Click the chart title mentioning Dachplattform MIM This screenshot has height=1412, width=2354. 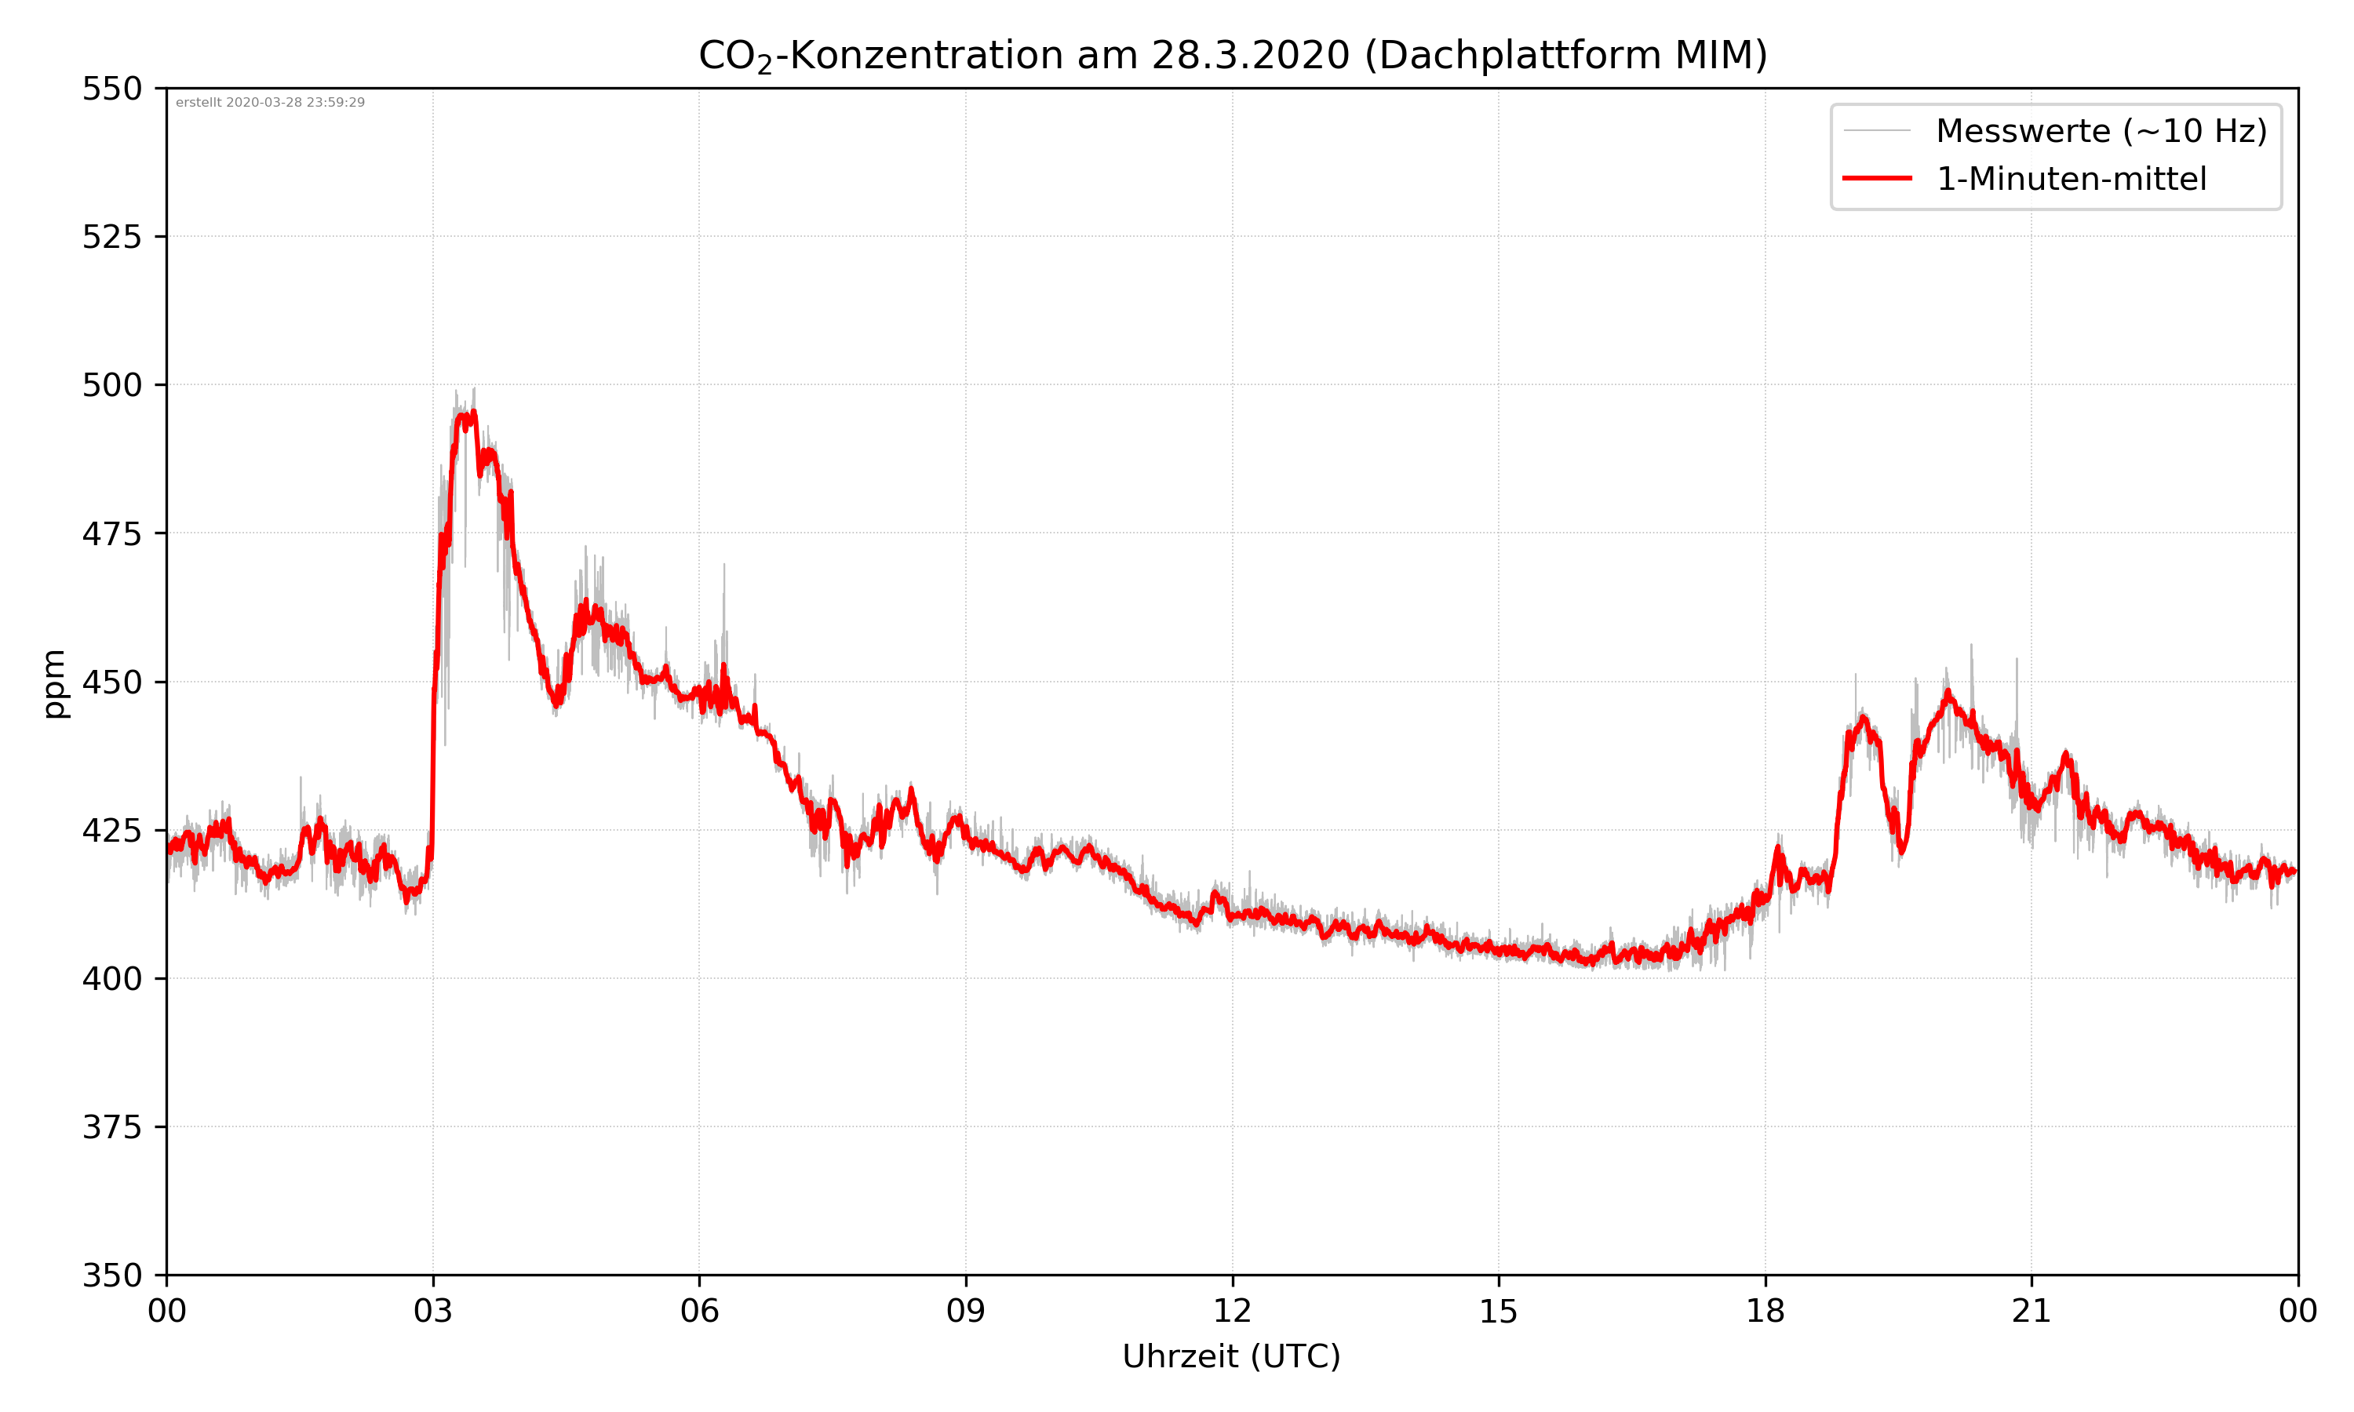(x=1232, y=55)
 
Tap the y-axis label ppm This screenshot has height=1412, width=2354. (x=54, y=683)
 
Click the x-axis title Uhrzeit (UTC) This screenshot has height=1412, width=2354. (x=1231, y=1356)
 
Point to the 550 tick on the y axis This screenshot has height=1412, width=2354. (x=111, y=89)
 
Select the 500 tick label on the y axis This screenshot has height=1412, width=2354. (x=111, y=385)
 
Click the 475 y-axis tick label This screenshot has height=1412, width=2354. (x=111, y=533)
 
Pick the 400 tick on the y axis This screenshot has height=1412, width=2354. (x=111, y=979)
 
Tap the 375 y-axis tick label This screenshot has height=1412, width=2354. (x=111, y=1127)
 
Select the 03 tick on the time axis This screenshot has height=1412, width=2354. (x=433, y=1311)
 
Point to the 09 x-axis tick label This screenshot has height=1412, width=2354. (x=966, y=1311)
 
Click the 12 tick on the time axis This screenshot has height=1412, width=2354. (x=1232, y=1311)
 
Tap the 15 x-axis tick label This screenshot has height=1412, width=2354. (x=1499, y=1311)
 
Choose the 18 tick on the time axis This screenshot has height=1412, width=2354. (x=1765, y=1311)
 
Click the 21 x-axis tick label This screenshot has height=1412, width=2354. (x=2032, y=1311)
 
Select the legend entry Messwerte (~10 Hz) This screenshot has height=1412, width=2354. (x=2101, y=131)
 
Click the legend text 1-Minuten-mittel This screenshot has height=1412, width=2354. (x=2071, y=179)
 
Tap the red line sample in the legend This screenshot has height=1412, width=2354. (x=1876, y=178)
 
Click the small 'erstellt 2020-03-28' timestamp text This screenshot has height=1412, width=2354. (x=270, y=103)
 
